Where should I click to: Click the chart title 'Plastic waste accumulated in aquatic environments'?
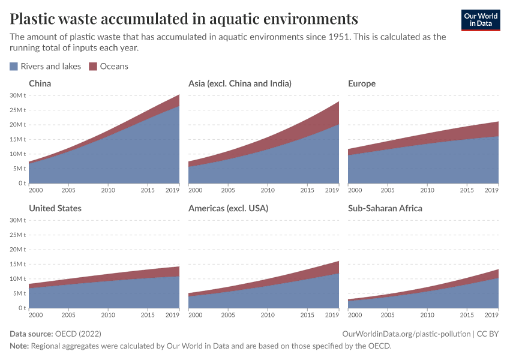pos(184,18)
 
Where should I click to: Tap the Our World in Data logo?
pos(480,20)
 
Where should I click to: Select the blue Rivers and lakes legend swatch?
pos(14,67)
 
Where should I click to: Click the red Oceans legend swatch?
pos(93,67)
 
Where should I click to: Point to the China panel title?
pos(40,83)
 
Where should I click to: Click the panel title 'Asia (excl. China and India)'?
pos(239,83)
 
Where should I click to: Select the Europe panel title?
pos(361,83)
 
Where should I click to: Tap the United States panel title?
pos(55,208)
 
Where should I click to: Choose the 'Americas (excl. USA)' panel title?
pos(228,208)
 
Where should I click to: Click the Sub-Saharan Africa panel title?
pos(385,208)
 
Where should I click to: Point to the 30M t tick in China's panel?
pos(18,95)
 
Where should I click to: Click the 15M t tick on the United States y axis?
pos(18,264)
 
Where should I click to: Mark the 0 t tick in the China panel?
pos(21,183)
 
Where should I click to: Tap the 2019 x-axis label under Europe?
pos(491,190)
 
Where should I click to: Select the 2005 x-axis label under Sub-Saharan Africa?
pos(388,315)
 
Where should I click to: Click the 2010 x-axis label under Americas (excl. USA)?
pos(268,315)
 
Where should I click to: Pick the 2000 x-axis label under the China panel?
pos(35,190)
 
